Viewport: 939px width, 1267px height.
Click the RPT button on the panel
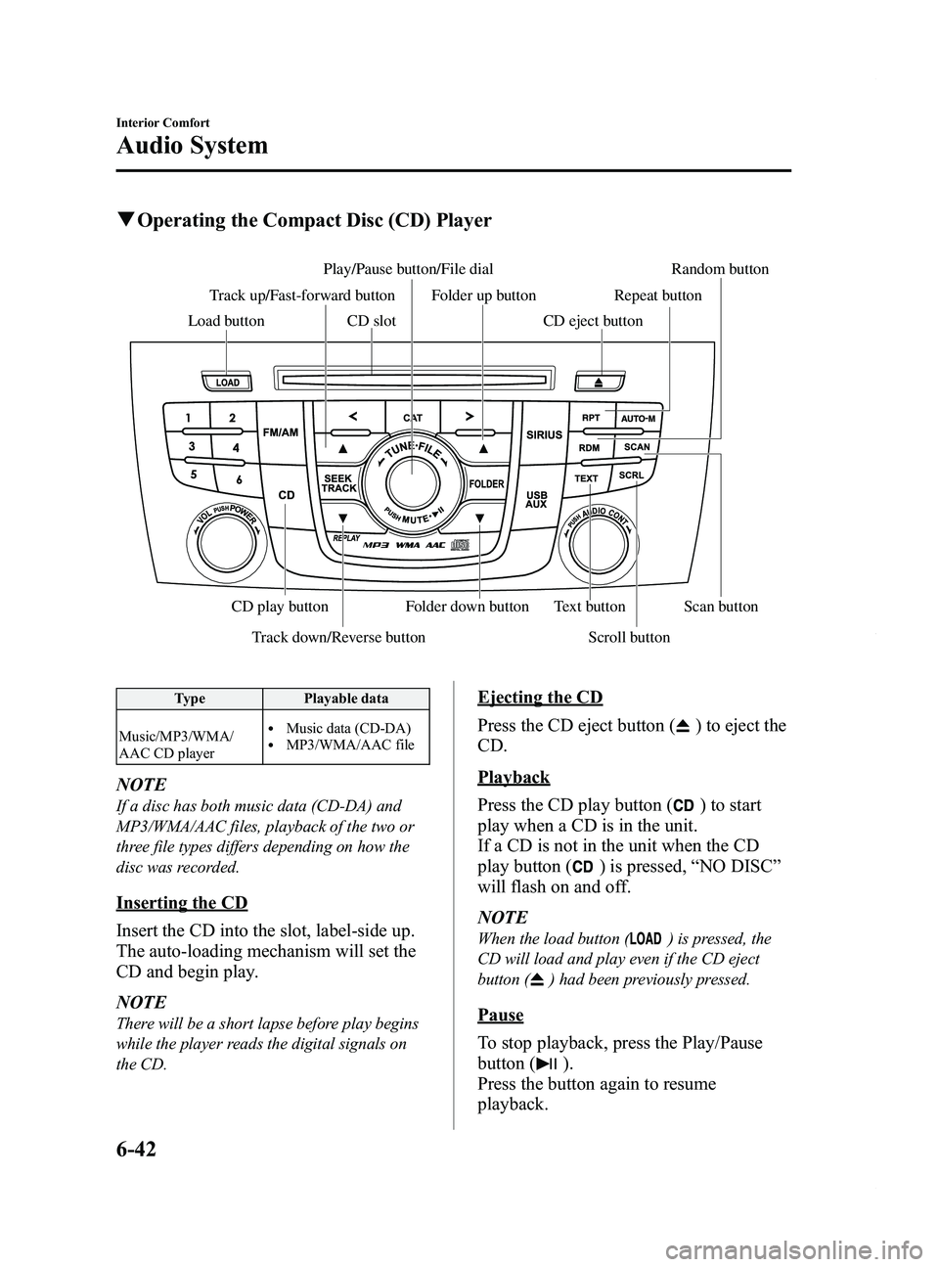[591, 417]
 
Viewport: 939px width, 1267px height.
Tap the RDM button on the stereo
[589, 447]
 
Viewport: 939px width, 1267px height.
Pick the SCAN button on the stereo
[637, 447]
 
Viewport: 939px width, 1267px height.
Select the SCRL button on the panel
[631, 475]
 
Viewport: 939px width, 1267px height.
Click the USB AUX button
[536, 498]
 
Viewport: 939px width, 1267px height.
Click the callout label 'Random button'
[720, 269]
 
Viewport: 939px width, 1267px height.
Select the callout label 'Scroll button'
[629, 638]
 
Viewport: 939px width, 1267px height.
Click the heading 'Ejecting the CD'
[540, 698]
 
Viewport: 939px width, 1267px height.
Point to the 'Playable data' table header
[345, 699]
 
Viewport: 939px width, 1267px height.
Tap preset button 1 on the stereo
[186, 420]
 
